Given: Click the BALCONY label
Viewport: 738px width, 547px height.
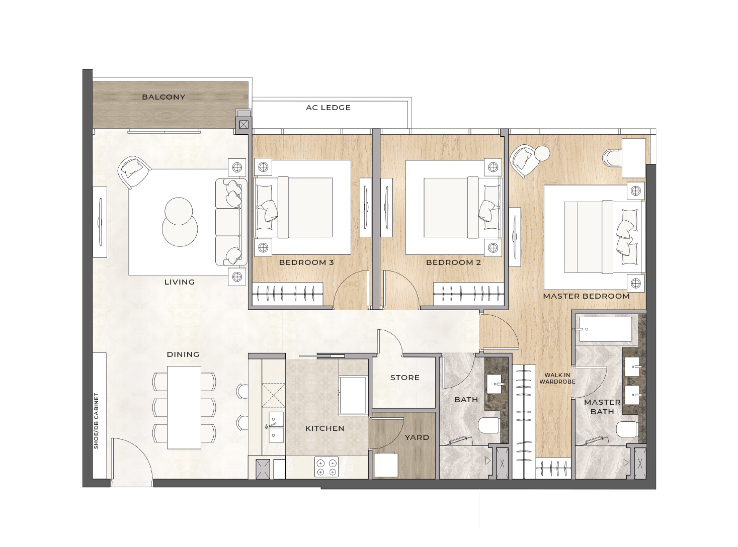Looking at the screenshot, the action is [163, 97].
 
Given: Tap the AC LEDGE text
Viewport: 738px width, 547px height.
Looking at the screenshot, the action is [328, 108].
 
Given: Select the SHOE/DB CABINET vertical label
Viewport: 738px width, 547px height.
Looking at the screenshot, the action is [96, 421].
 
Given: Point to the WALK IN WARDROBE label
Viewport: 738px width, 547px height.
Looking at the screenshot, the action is [557, 379].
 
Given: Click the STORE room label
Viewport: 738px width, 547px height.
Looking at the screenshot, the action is [404, 378].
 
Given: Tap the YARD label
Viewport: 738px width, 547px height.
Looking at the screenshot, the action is [417, 437].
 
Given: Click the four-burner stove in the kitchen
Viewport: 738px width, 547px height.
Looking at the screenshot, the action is [326, 467].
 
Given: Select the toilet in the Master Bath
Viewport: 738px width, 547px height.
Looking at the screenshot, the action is [626, 429].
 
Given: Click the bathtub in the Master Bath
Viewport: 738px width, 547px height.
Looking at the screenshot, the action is [605, 329].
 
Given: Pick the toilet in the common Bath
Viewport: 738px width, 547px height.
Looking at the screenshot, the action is [489, 425].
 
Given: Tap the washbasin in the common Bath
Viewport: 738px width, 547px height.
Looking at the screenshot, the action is [496, 384].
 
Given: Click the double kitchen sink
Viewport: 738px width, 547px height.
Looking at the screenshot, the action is [276, 427].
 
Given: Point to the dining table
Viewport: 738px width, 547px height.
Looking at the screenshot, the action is [184, 407].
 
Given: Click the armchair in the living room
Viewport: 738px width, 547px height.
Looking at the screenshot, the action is [134, 172].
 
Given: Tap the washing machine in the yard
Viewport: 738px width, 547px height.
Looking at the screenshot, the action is [386, 465].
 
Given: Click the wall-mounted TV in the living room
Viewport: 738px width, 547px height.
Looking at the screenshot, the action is [100, 222].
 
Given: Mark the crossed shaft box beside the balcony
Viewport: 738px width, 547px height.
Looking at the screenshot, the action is [243, 125].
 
